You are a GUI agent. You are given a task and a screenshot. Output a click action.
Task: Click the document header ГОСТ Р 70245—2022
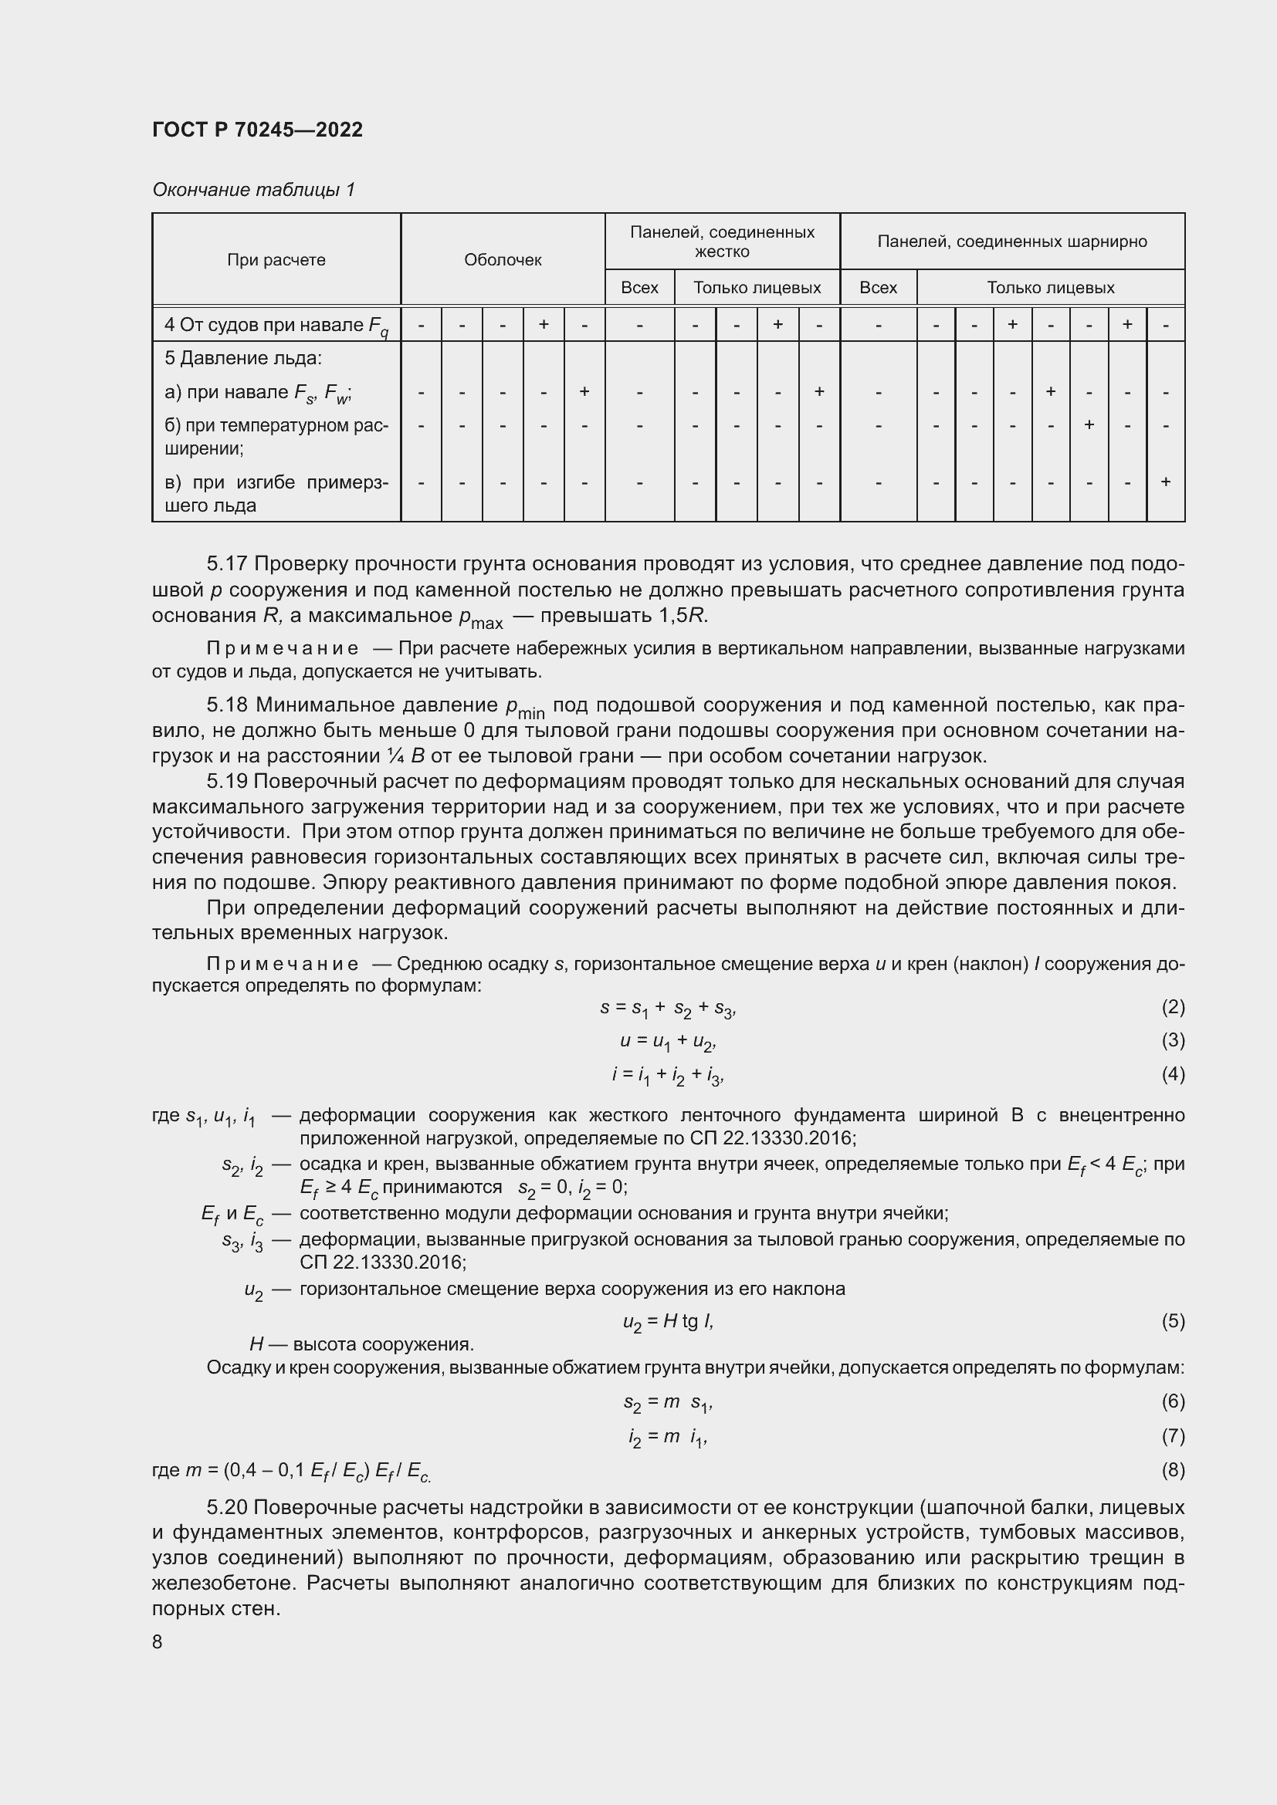(257, 130)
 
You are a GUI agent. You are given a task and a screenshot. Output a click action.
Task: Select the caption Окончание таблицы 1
(253, 190)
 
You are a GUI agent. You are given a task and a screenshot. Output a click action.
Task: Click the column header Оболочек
(503, 259)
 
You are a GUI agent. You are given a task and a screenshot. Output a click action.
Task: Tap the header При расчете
(276, 259)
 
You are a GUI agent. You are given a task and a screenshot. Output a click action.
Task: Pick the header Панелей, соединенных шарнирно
(1012, 242)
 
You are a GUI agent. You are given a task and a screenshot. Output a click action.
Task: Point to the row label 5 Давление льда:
(243, 359)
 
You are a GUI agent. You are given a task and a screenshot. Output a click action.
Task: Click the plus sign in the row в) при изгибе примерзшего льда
(1165, 481)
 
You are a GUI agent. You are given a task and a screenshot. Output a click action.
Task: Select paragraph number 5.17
(227, 563)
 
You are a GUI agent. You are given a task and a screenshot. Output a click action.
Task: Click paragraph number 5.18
(227, 705)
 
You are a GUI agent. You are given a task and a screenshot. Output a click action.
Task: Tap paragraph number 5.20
(227, 1507)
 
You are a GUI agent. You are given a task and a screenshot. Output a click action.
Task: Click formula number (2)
(1173, 1007)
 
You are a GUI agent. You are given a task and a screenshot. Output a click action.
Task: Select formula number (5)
(1173, 1320)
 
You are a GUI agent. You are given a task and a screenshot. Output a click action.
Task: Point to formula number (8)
(1173, 1469)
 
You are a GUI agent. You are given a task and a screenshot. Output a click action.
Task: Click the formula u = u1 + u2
(668, 1042)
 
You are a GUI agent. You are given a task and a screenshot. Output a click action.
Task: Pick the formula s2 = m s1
(668, 1401)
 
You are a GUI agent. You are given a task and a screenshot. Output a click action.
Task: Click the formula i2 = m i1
(668, 1436)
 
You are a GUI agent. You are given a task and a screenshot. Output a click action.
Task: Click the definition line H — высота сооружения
(361, 1344)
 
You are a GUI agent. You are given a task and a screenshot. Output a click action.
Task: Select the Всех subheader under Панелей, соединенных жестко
(639, 288)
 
